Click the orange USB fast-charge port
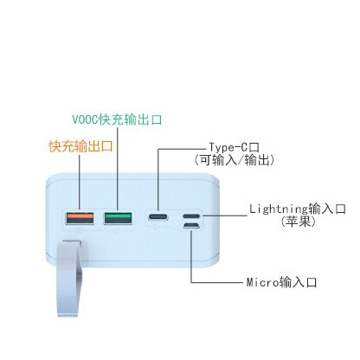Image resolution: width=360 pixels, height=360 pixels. pyautogui.click(x=80, y=218)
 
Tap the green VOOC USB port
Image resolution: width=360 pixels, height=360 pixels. pyautogui.click(x=118, y=218)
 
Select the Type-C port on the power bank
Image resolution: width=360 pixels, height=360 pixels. pyautogui.click(x=157, y=216)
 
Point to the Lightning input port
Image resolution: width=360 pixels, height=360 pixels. pyautogui.click(x=191, y=216)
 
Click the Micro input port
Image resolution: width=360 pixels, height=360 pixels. pyautogui.click(x=191, y=225)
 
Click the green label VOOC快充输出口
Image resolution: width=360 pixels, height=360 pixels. pyautogui.click(x=117, y=119)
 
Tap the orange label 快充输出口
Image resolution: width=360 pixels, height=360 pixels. pyautogui.click(x=81, y=146)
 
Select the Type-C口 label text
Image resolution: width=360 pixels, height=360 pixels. pyautogui.click(x=234, y=148)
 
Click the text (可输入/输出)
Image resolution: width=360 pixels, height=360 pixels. pyautogui.click(x=234, y=160)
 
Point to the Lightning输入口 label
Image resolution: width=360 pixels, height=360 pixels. pyautogui.click(x=298, y=209)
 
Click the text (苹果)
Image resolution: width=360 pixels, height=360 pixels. pyautogui.click(x=299, y=222)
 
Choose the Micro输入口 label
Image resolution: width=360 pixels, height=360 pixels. pyautogui.click(x=281, y=282)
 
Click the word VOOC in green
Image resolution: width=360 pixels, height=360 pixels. pyautogui.click(x=85, y=119)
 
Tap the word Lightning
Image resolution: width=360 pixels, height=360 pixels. pyautogui.click(x=279, y=209)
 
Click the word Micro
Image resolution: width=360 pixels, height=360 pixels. pyautogui.click(x=263, y=282)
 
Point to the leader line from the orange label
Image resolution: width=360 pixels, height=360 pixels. pyautogui.click(x=80, y=183)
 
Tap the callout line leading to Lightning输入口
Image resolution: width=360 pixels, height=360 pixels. pyautogui.click(x=225, y=215)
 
